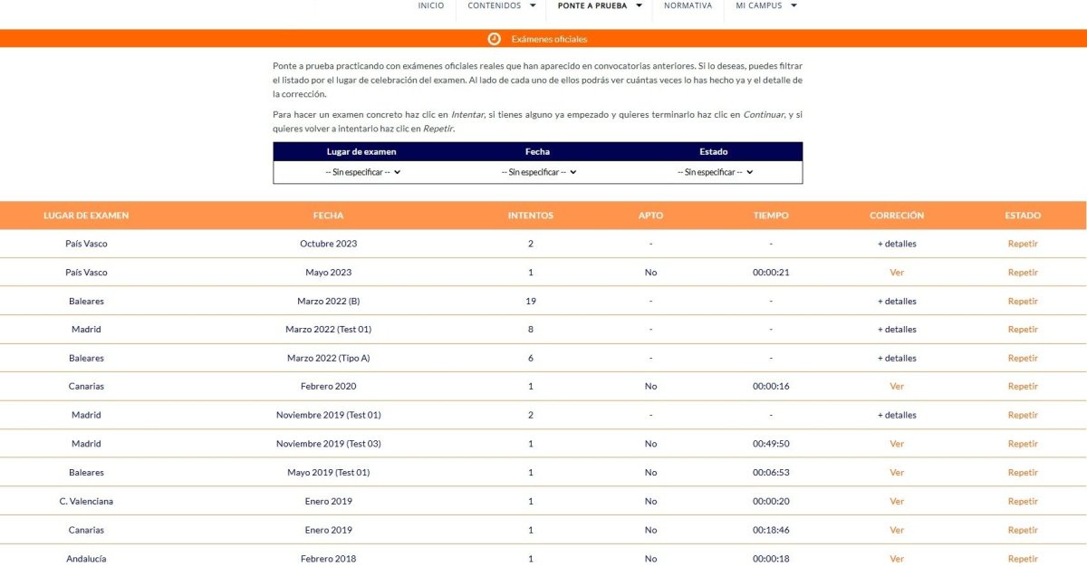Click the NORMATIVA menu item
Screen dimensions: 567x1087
pos(688,5)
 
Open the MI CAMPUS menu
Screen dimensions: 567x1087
pos(765,5)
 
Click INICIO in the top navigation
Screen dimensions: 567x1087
pos(431,5)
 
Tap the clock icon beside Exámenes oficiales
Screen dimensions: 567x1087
pos(494,39)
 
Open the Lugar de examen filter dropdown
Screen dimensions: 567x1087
pos(362,172)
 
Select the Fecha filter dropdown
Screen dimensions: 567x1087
pos(538,172)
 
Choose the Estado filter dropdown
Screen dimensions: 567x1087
pos(715,172)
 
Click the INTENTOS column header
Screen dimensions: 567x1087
pos(531,216)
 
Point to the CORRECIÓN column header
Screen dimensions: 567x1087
pos(897,216)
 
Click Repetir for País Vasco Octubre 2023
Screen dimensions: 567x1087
pos(1023,244)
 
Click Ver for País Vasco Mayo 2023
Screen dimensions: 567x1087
pos(897,273)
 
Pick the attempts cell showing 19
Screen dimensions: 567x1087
pos(531,301)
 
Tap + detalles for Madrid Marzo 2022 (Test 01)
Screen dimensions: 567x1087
pos(897,330)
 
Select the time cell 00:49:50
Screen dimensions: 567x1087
pos(771,444)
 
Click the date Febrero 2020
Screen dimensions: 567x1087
pos(328,387)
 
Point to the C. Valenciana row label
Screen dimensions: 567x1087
pos(86,501)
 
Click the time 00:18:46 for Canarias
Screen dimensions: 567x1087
pos(771,530)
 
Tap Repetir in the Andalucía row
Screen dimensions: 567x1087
pos(1023,559)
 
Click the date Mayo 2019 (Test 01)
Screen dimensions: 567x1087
pos(328,473)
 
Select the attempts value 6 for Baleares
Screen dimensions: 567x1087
pos(531,358)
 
